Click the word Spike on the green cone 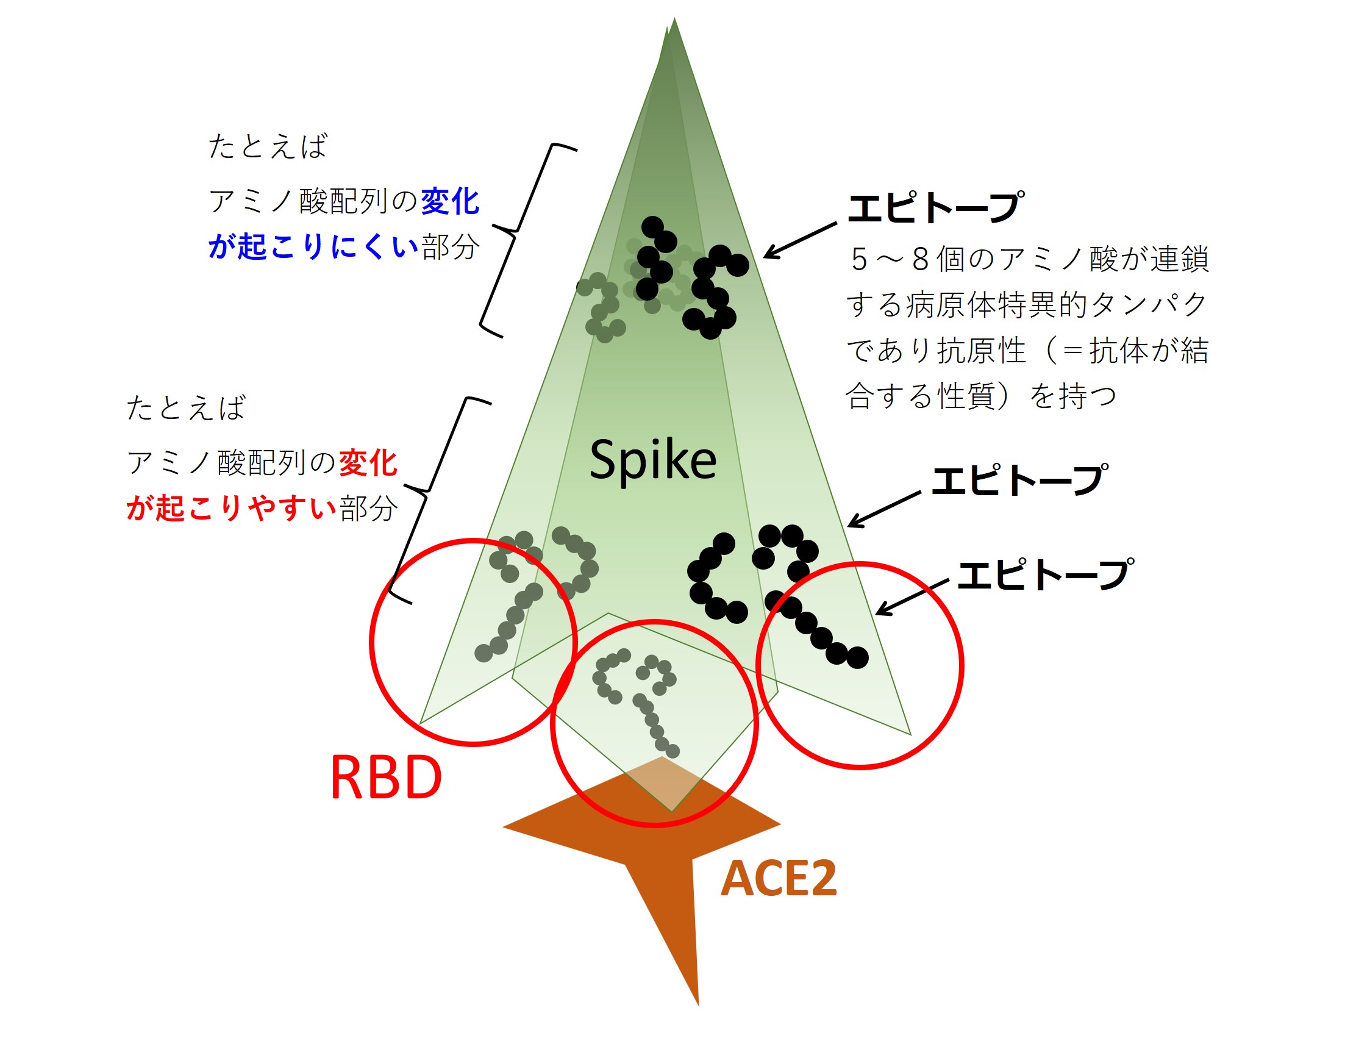click(653, 460)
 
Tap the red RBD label click(386, 778)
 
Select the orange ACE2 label click(779, 879)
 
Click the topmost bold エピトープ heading click(935, 207)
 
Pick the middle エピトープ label click(1019, 481)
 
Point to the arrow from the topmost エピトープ click(799, 240)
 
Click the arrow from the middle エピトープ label click(883, 509)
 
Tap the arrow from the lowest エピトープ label click(912, 597)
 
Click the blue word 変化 click(449, 201)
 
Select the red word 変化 click(368, 463)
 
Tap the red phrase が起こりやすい click(232, 509)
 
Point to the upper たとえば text click(268, 146)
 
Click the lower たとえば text click(186, 408)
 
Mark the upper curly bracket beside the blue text click(517, 240)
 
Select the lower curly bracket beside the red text click(431, 499)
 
